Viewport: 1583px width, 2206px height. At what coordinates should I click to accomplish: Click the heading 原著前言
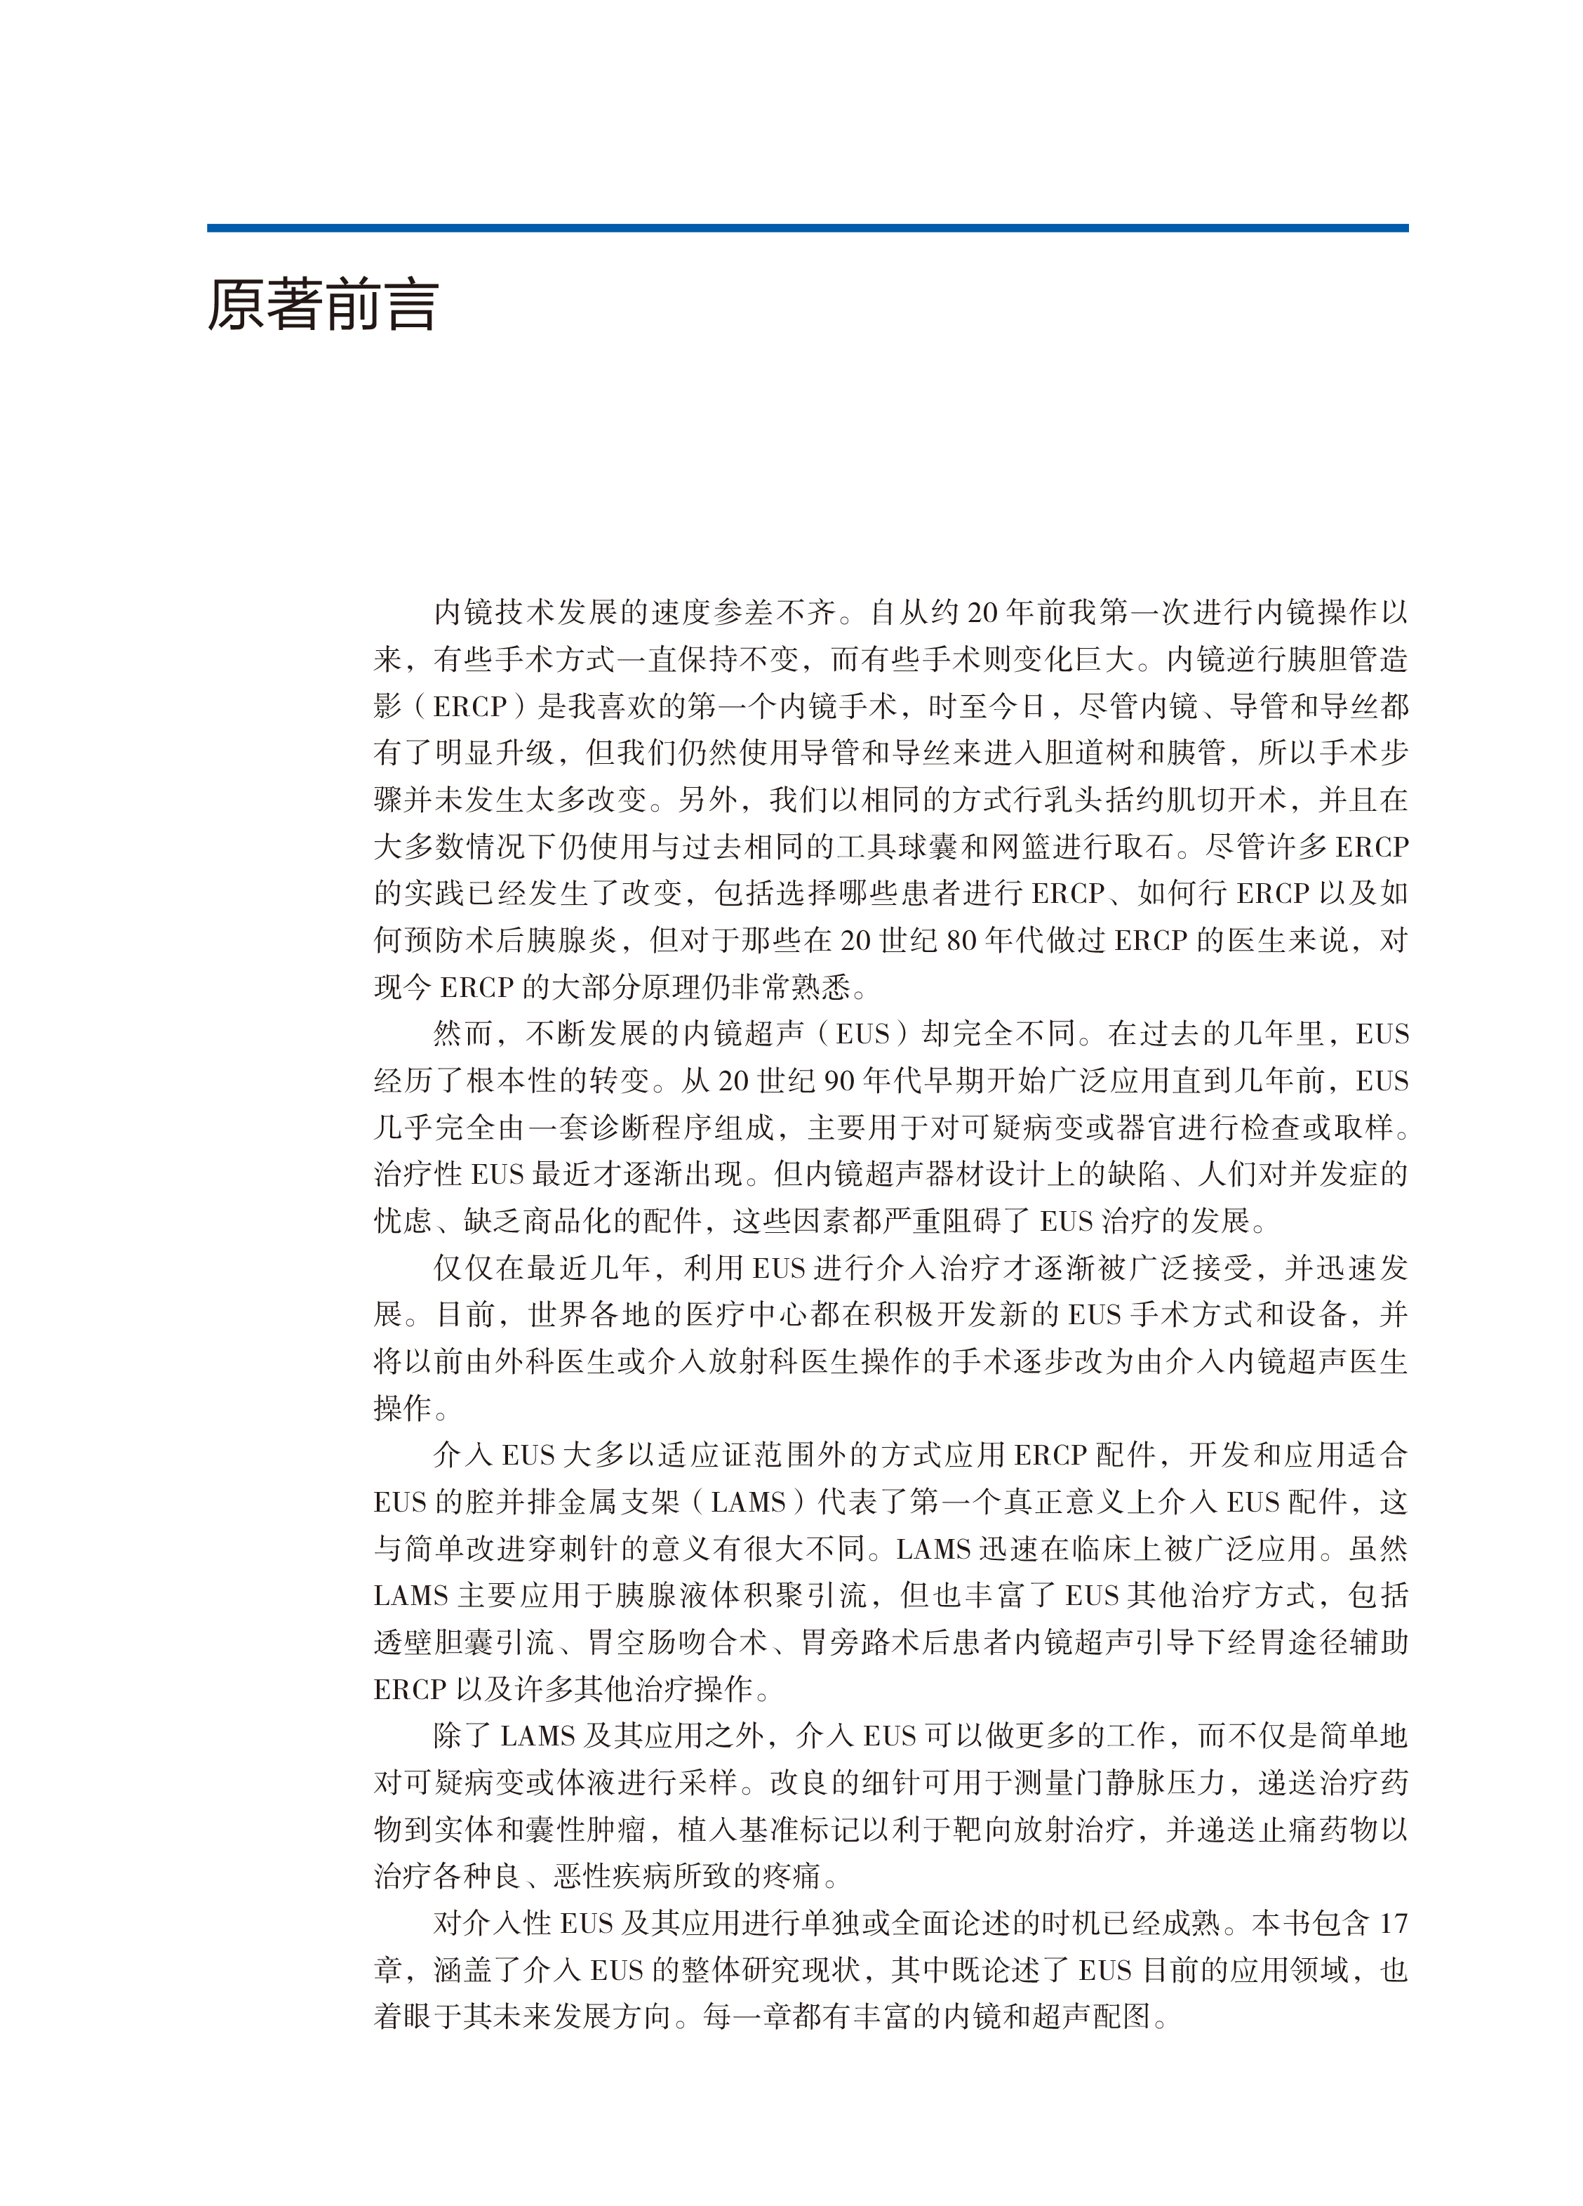coord(322,305)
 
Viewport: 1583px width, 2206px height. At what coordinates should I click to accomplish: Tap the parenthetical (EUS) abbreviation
coord(862,1034)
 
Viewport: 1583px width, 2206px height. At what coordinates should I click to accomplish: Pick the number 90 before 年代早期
coord(840,1081)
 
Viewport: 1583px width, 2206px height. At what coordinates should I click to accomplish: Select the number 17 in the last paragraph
coord(1392,1924)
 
